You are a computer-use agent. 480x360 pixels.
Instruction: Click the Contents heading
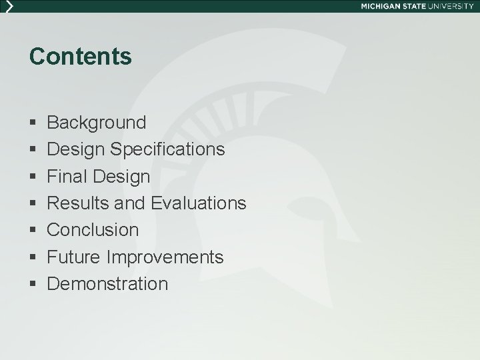tap(81, 57)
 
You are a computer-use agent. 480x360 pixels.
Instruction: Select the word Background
tap(97, 123)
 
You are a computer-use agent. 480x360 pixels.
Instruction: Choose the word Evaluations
tap(199, 203)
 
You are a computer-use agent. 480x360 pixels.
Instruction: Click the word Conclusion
tap(93, 230)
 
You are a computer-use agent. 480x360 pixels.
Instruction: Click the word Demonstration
tap(108, 284)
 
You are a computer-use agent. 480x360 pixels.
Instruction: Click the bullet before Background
tap(33, 123)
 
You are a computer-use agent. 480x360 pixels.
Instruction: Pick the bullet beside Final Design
tap(33, 177)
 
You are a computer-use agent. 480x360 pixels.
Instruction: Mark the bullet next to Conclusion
tap(33, 231)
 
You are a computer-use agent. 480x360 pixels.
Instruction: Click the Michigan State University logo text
tap(417, 5)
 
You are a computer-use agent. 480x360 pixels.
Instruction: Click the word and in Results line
tap(133, 203)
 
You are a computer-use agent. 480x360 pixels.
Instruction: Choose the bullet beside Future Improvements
tap(33, 257)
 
